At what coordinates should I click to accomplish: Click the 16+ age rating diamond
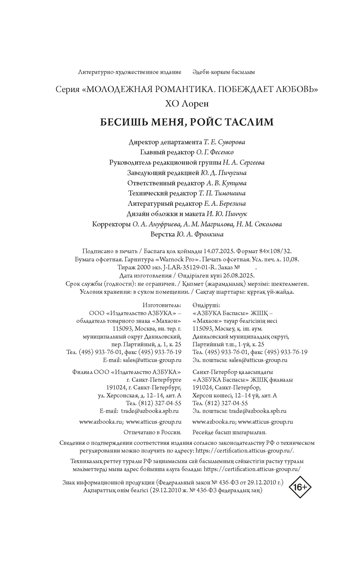(x=300, y=487)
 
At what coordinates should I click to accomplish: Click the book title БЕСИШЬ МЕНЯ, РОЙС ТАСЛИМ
(x=187, y=122)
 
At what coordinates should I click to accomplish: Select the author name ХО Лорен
(x=187, y=104)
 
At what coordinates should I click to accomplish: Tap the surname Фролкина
(x=209, y=235)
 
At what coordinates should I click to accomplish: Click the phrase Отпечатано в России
(x=153, y=432)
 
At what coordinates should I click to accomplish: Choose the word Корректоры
(x=111, y=224)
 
